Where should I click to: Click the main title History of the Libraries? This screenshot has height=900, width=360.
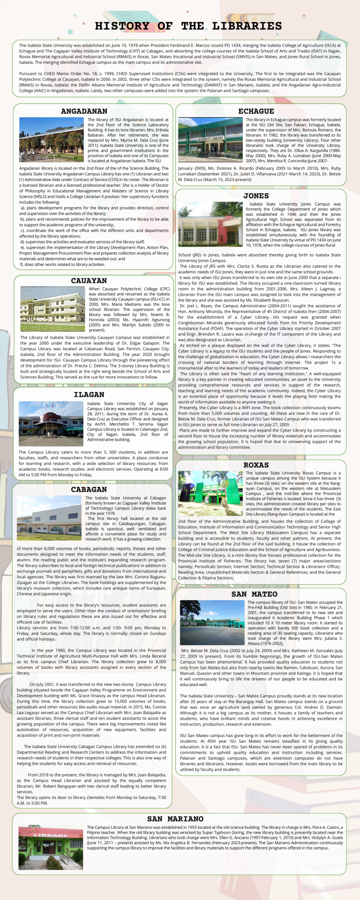[x=182, y=26]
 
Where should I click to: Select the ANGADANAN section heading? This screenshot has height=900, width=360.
[x=84, y=111]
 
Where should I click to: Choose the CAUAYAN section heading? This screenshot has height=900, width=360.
[x=89, y=280]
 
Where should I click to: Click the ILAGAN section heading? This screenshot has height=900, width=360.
[x=89, y=395]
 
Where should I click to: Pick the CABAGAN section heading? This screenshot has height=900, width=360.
[x=89, y=489]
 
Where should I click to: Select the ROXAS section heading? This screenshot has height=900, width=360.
[x=256, y=465]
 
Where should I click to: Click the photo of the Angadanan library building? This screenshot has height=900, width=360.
[x=51, y=139]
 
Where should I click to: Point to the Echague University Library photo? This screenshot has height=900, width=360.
[x=210, y=140]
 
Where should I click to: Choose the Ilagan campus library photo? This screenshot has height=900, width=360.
[x=51, y=423]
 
